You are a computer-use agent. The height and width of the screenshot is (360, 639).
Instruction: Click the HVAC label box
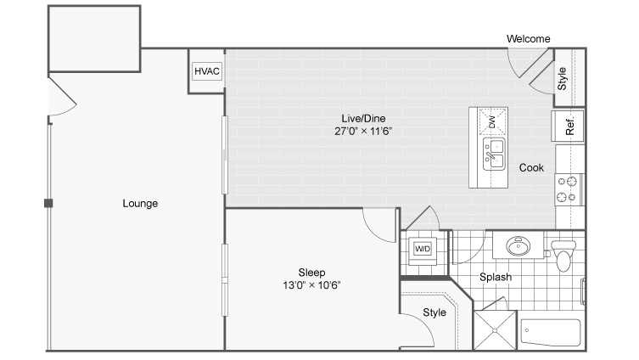coord(207,71)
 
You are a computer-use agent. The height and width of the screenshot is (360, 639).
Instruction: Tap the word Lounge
coord(140,204)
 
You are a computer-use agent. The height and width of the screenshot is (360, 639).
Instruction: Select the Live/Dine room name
coord(363,119)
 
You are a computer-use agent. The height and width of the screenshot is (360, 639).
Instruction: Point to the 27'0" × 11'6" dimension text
coord(363,132)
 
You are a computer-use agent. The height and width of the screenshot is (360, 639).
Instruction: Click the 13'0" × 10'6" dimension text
coord(311,285)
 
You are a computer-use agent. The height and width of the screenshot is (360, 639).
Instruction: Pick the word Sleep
coord(311,273)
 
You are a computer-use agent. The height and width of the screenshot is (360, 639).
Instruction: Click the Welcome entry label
coord(528,39)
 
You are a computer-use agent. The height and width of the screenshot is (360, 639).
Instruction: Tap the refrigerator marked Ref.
coord(568,126)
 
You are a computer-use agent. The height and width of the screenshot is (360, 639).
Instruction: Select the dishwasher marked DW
coord(493,121)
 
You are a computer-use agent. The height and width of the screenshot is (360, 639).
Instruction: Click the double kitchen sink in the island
coord(494,154)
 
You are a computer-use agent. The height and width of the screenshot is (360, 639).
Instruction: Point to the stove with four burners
coord(569,189)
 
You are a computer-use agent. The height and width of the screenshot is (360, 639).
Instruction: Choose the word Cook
coord(531,167)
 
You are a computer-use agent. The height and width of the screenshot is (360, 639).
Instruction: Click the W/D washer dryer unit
coord(423,249)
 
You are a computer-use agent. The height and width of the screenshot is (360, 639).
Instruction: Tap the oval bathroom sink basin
coord(518,246)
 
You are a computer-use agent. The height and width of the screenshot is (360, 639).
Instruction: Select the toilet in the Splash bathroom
coord(563,256)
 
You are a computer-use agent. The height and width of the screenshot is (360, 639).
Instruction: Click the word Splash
coord(496,278)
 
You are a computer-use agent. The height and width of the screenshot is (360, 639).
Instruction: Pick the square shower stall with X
coord(495,330)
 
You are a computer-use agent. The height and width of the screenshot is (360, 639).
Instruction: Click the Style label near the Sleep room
coord(434,312)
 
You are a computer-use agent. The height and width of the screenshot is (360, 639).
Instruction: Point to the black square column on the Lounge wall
coord(48,203)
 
